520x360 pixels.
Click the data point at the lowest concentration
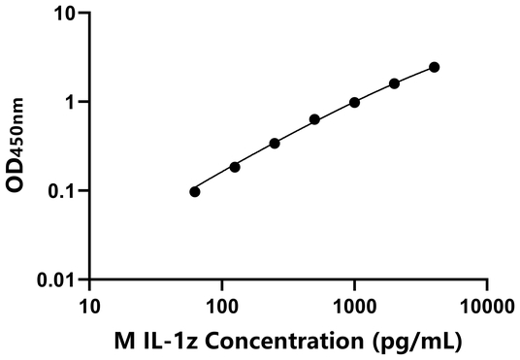pos(195,191)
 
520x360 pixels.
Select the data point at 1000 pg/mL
pos(354,102)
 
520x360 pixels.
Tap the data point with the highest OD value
pos(434,67)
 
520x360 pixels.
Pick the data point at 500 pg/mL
pos(314,119)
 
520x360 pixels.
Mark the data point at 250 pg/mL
pos(275,143)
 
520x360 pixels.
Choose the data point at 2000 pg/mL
pos(394,83)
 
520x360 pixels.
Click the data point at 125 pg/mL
pos(235,167)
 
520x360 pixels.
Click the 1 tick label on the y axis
pos(70,102)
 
